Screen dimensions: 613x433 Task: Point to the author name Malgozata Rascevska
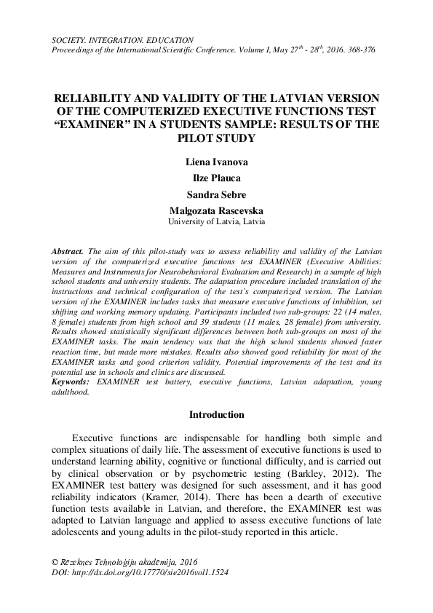[216, 210]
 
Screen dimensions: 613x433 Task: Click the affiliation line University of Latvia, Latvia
[216, 220]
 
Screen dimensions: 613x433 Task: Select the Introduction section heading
[216, 415]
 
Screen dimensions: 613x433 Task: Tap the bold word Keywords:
[72, 381]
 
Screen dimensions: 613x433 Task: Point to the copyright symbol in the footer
[55, 563]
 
